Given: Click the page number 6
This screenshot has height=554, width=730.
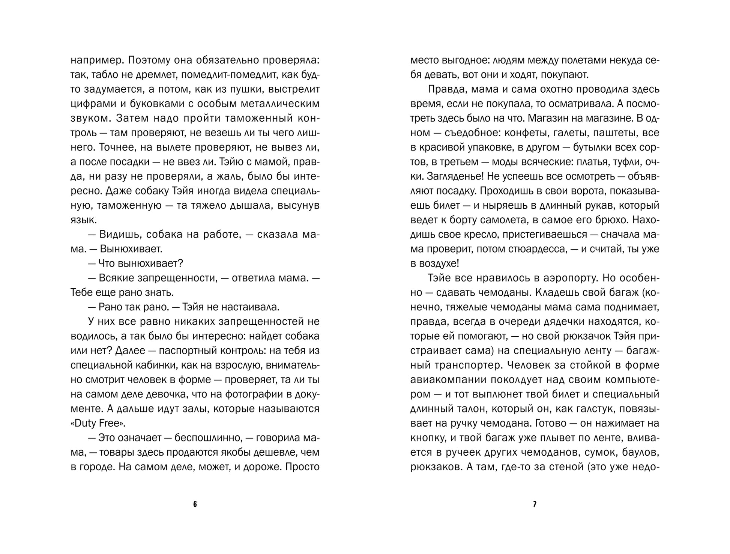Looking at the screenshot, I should click(x=195, y=504).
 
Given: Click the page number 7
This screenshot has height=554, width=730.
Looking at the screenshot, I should click(x=535, y=504).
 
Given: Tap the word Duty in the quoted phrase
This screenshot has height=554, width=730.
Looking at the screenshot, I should click(x=86, y=423).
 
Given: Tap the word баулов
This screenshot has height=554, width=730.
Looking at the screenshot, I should click(x=639, y=452).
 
